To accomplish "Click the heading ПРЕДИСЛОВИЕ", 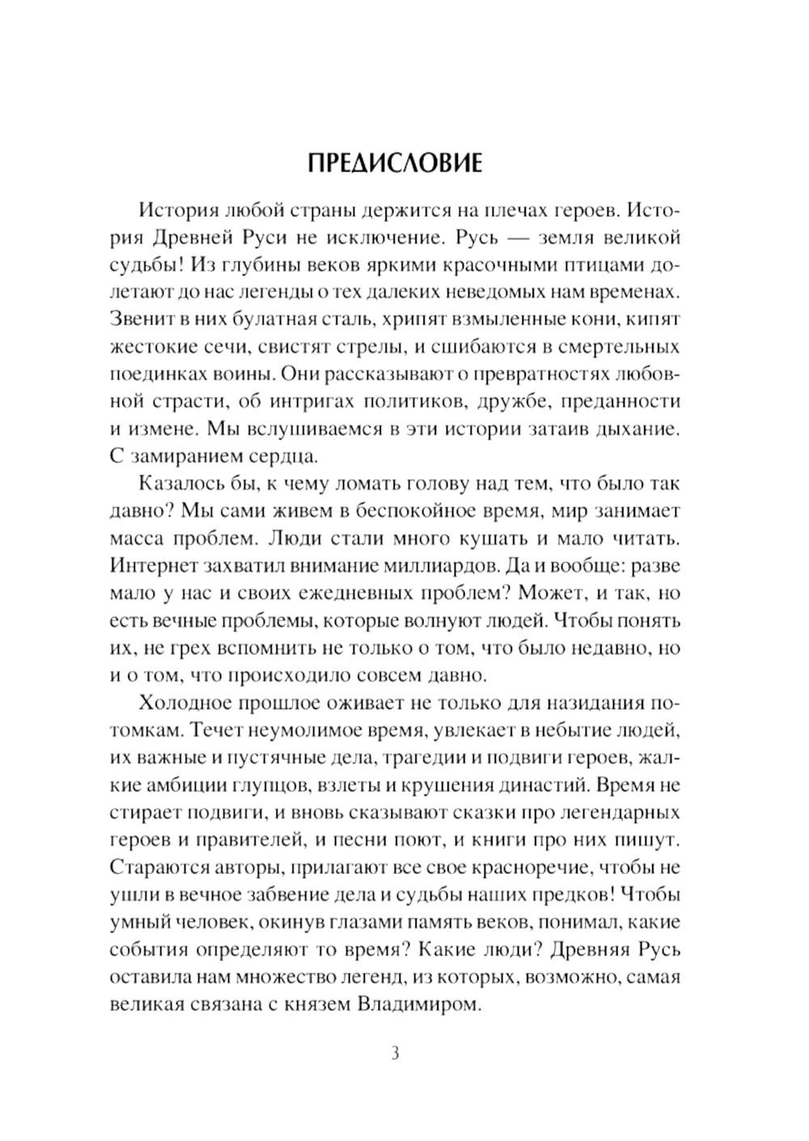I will pos(395,163).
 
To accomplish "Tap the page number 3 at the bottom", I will pos(395,1054).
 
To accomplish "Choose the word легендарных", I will pos(621,812).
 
